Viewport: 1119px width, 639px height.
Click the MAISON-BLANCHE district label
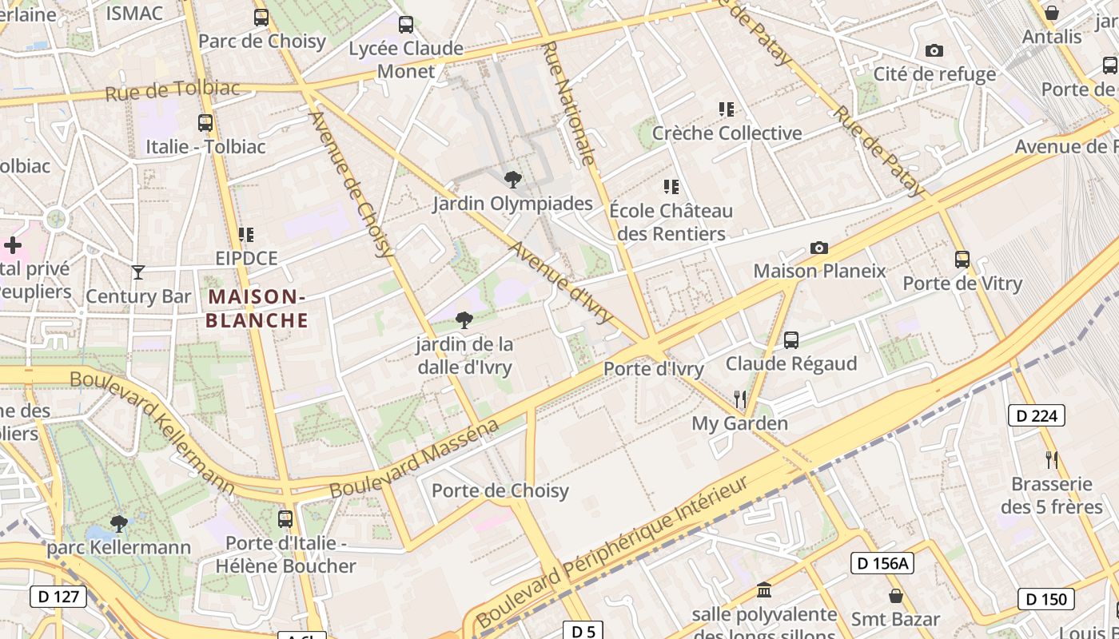tap(257, 308)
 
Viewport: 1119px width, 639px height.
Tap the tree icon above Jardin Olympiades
tap(512, 180)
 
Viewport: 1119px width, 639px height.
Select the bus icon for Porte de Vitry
tap(962, 260)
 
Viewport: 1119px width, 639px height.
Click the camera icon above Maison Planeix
tap(819, 248)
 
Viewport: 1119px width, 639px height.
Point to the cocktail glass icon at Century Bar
tap(138, 272)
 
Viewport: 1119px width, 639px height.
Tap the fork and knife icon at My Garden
tap(740, 399)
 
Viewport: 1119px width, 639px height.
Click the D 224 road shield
tap(1037, 415)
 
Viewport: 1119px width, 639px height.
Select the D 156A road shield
tap(882, 563)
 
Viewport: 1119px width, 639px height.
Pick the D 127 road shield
tap(58, 596)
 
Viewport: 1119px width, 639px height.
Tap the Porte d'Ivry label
tap(653, 369)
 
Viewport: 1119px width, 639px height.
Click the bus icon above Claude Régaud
tap(791, 340)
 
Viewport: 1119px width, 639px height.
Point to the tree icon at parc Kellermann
tap(119, 524)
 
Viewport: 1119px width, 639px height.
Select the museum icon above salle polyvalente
tap(764, 590)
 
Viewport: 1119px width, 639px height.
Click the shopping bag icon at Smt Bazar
tap(896, 596)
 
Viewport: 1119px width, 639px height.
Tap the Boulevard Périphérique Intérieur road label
tap(614, 551)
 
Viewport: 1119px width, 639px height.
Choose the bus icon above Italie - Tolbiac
tap(205, 123)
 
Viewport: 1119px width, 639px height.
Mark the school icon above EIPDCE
tap(246, 235)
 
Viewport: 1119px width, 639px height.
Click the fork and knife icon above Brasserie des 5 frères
tap(1052, 459)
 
